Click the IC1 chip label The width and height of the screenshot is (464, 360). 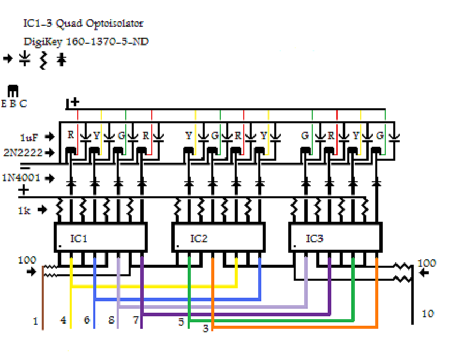[x=79, y=238]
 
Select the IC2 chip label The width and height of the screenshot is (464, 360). [x=199, y=238]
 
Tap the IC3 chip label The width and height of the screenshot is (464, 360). [x=315, y=238]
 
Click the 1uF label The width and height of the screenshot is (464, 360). [x=29, y=137]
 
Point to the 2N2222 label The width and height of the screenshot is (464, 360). [x=23, y=153]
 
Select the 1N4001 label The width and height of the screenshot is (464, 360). [x=22, y=177]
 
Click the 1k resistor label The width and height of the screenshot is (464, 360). [x=24, y=210]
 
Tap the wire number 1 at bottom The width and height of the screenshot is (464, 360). [x=36, y=321]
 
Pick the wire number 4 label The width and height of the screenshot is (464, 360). [x=64, y=320]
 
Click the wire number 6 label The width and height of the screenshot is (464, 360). [x=87, y=320]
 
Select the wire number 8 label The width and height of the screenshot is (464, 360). [x=111, y=320]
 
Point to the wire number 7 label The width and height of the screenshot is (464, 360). [x=136, y=320]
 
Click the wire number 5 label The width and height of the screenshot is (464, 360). [x=181, y=322]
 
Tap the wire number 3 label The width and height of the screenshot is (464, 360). [x=205, y=328]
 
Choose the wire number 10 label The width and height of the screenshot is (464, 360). [x=428, y=313]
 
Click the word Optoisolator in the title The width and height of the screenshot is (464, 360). [x=115, y=24]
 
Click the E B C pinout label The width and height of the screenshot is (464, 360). [x=14, y=104]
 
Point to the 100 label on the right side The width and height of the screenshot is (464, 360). [x=427, y=264]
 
